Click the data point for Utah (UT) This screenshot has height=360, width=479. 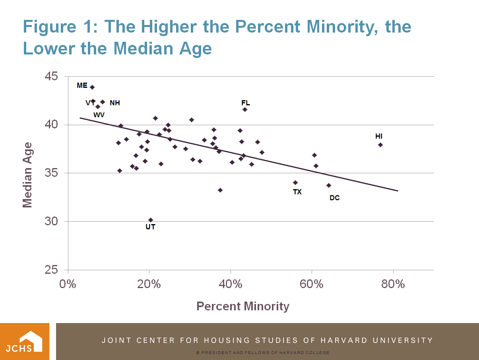151,220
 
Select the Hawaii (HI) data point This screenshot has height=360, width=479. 380,145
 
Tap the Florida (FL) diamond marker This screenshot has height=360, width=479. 245,109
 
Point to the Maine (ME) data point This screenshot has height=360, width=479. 92,87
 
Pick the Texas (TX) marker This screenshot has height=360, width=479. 295,182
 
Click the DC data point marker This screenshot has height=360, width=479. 329,185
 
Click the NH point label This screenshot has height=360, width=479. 115,103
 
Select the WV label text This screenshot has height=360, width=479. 99,115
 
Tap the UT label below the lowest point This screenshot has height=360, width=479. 150,227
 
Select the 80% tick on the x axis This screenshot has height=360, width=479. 393,284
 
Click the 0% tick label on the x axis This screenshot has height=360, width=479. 68,284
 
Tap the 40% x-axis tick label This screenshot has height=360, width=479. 231,284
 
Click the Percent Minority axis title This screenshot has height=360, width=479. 243,306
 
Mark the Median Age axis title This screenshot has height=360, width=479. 27,175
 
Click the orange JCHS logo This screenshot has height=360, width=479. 25,341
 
